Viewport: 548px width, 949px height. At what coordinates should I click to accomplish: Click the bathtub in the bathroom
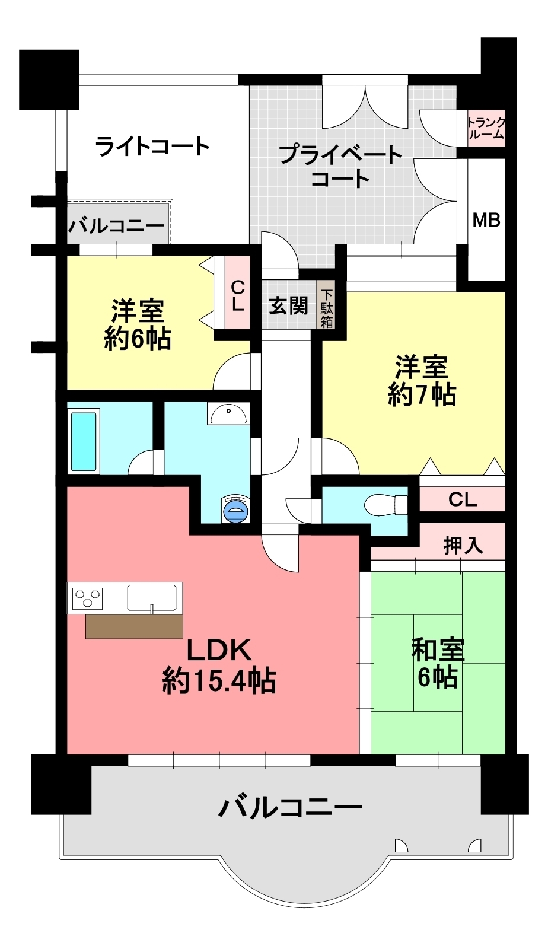(x=84, y=441)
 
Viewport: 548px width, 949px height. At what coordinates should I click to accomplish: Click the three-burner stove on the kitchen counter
(x=87, y=598)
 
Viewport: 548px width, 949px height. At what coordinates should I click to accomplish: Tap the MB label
(x=486, y=220)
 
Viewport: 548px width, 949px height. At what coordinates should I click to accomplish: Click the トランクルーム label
(x=486, y=128)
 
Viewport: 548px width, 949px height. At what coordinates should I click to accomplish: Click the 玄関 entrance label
(x=288, y=305)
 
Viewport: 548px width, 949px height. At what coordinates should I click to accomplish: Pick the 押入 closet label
(x=463, y=546)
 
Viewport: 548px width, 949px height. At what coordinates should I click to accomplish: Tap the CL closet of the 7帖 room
(x=463, y=500)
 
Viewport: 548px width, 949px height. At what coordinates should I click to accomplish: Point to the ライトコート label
(x=152, y=147)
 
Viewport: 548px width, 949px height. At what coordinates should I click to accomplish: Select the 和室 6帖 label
(x=438, y=663)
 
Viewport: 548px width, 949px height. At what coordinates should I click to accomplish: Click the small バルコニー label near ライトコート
(x=116, y=226)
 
